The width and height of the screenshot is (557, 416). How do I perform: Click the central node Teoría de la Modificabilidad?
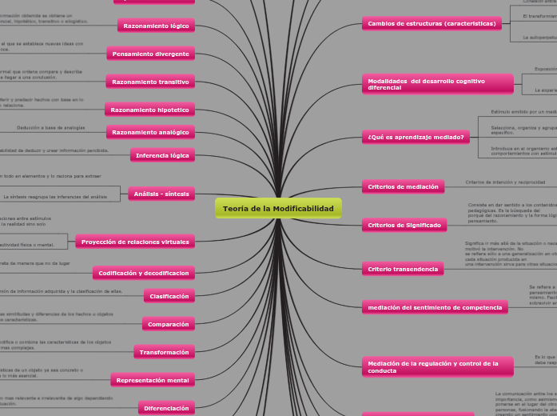278,209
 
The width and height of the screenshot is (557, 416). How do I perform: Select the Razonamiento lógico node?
156,26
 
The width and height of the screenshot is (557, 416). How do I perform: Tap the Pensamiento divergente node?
150,54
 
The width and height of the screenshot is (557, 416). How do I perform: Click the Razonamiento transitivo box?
150,82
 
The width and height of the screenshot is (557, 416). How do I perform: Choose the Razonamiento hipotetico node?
149,109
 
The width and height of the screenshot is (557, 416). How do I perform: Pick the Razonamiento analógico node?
150,132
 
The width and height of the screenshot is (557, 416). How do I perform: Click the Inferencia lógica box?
162,155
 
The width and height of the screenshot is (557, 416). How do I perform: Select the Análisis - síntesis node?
161,193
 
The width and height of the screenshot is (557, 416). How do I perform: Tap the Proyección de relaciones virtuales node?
135,242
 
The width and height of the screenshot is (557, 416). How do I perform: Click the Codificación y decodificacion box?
144,274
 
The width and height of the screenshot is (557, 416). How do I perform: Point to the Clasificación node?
169,297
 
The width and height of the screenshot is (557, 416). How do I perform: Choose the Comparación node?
168,325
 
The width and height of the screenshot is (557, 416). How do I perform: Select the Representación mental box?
153,381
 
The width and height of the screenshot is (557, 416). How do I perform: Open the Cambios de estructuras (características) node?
431,24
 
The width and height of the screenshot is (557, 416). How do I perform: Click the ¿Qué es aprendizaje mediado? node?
416,138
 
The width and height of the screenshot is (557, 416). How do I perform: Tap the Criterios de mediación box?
403,186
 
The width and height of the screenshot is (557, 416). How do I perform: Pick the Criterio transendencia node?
403,269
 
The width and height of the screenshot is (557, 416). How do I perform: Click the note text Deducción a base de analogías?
51,128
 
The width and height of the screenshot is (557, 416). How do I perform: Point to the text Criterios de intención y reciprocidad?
505,182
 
